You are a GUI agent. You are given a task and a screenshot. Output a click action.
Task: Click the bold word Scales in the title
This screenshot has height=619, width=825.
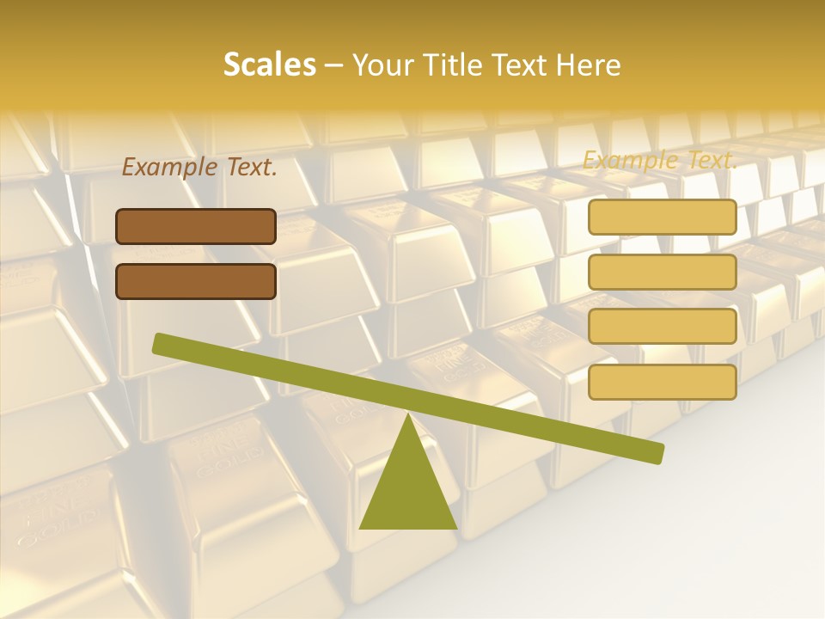(x=269, y=64)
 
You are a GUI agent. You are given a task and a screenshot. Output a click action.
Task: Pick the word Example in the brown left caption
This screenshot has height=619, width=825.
(x=169, y=168)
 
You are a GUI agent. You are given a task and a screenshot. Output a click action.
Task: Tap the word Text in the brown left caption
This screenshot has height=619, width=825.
(x=250, y=168)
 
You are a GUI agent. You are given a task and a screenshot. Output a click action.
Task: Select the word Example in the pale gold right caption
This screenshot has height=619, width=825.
(x=629, y=160)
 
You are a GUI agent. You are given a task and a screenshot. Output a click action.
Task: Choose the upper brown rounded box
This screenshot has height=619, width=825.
(x=196, y=226)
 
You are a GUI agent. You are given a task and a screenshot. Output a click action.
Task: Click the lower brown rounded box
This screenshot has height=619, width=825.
(x=196, y=281)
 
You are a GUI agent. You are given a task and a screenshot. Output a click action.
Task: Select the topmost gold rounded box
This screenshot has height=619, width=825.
(x=663, y=218)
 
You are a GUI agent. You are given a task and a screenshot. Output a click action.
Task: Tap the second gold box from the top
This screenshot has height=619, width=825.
(x=663, y=272)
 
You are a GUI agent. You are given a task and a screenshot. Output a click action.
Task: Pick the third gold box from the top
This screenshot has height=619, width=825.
(x=663, y=327)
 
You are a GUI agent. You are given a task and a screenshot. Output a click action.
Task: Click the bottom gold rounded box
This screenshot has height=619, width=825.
(x=663, y=382)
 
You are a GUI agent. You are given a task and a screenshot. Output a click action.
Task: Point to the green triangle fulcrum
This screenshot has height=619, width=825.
(x=408, y=486)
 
